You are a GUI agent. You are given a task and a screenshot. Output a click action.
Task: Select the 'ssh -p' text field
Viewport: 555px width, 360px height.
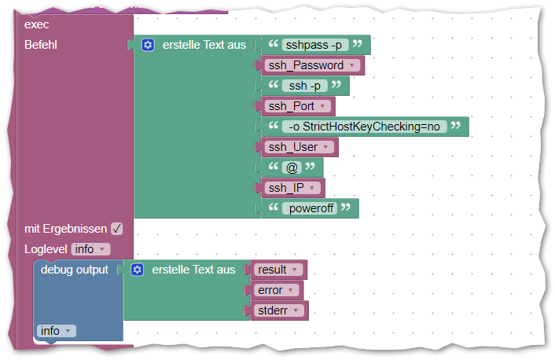point(305,86)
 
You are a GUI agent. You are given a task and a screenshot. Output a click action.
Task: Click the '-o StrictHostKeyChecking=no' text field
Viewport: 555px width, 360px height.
point(365,127)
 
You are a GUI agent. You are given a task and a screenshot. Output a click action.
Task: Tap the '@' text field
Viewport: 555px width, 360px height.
point(292,167)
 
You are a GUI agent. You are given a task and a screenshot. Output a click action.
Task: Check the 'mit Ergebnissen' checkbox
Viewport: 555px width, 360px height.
point(116,229)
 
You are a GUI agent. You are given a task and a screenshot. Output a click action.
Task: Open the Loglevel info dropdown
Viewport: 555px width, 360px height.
point(90,249)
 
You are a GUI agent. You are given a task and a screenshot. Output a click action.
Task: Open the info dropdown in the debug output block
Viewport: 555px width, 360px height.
point(57,331)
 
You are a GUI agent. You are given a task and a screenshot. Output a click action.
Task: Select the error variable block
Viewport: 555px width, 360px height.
point(275,290)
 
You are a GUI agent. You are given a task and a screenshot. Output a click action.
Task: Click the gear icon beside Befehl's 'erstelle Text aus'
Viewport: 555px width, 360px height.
point(148,45)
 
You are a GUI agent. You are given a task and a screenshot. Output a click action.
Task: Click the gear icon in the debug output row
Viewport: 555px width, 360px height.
point(137,270)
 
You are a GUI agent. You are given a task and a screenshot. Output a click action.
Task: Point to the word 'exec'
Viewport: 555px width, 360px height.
point(37,24)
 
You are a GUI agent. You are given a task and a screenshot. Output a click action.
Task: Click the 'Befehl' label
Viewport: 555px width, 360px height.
point(41,45)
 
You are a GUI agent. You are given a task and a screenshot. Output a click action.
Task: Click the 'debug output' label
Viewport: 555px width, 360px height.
point(75,270)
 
